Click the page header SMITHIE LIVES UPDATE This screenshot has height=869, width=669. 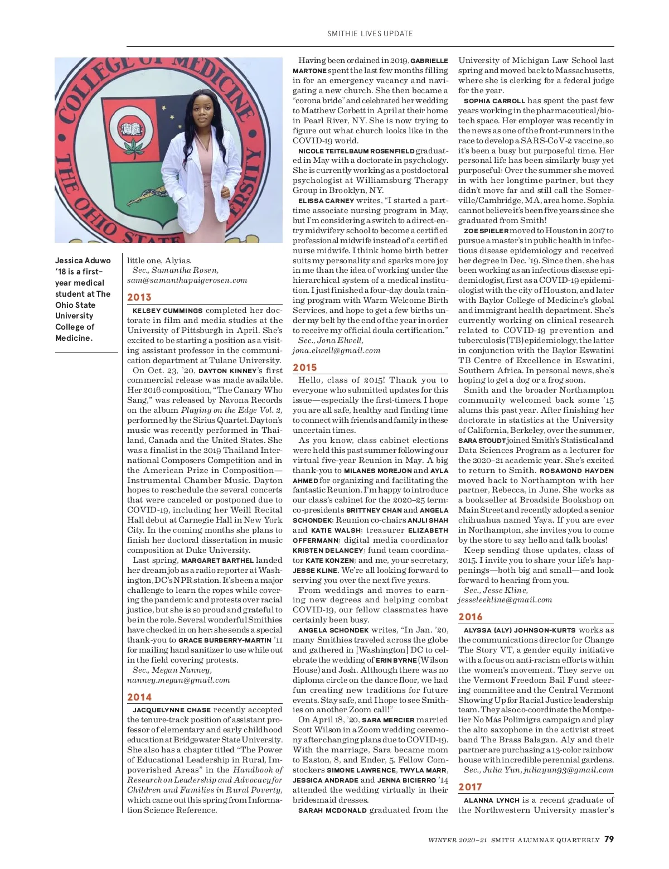pyautogui.click(x=370, y=33)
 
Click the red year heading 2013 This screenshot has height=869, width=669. pyautogui.click(x=139, y=297)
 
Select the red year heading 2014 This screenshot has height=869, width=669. pyautogui.click(x=139, y=697)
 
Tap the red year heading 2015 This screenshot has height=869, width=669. pyautogui.click(x=305, y=368)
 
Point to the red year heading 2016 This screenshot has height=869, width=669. pyautogui.click(x=471, y=617)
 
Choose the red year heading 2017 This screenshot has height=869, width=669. pyautogui.click(x=471, y=787)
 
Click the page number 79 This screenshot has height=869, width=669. pyautogui.click(x=609, y=839)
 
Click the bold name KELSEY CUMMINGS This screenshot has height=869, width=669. pyautogui.click(x=168, y=311)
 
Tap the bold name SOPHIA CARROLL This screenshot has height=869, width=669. pyautogui.click(x=495, y=101)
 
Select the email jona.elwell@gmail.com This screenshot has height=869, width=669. pyautogui.click(x=336, y=350)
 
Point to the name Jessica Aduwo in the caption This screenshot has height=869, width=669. pyautogui.click(x=83, y=260)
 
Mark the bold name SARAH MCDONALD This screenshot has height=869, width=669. pyautogui.click(x=332, y=810)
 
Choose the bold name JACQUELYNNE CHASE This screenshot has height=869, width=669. pyautogui.click(x=172, y=710)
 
